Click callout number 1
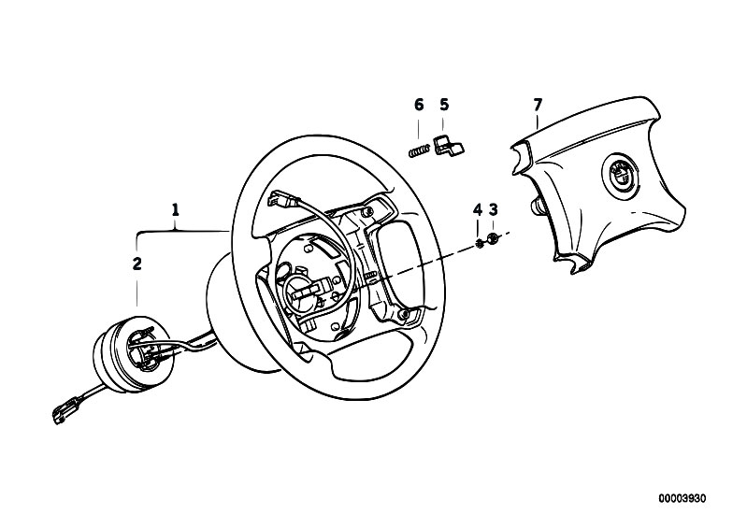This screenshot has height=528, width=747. click(x=176, y=210)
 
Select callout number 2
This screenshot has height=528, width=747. click(x=137, y=264)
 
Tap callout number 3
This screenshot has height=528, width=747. click(x=494, y=209)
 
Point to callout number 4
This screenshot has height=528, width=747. click(x=478, y=209)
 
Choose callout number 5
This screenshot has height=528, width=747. click(x=444, y=105)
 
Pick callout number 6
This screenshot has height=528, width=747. click(x=419, y=105)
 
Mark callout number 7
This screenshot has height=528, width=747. click(x=538, y=105)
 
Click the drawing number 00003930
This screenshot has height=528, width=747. click(x=682, y=498)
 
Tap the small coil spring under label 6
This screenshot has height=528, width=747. click(x=419, y=151)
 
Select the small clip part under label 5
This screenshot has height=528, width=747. click(x=449, y=146)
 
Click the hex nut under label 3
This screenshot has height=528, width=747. click(x=494, y=238)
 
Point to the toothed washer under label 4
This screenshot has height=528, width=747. click(x=479, y=243)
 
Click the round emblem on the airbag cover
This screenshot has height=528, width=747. click(x=621, y=174)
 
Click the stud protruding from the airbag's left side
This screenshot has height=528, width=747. click(x=537, y=207)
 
